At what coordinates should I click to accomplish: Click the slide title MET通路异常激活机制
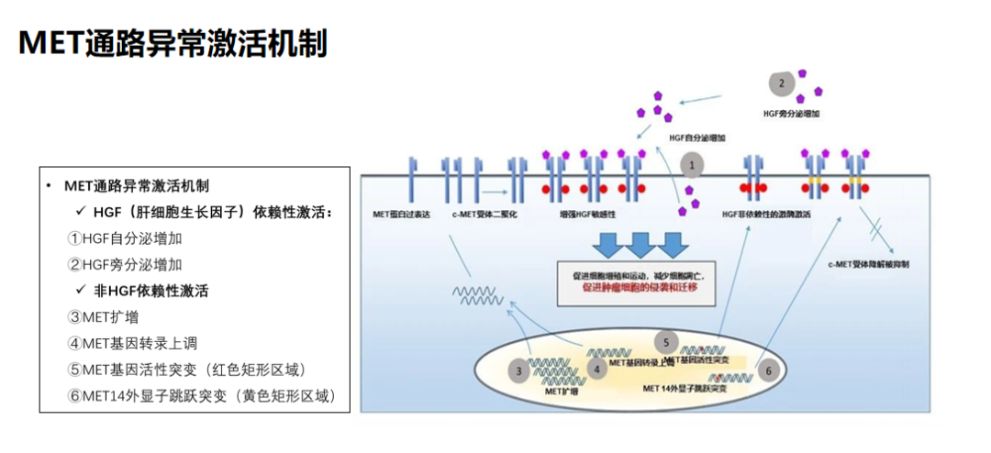(173, 42)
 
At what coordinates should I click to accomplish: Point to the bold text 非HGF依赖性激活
(151, 291)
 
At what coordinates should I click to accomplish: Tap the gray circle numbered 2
(781, 84)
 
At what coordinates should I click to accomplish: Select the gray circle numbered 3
(518, 370)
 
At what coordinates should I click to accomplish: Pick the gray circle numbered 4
(596, 370)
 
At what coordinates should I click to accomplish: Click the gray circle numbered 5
(666, 341)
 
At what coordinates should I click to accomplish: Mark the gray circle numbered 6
(769, 370)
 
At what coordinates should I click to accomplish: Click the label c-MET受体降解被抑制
(883, 264)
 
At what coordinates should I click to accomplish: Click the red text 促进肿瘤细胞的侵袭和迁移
(640, 287)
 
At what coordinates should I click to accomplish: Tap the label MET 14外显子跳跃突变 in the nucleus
(686, 389)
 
